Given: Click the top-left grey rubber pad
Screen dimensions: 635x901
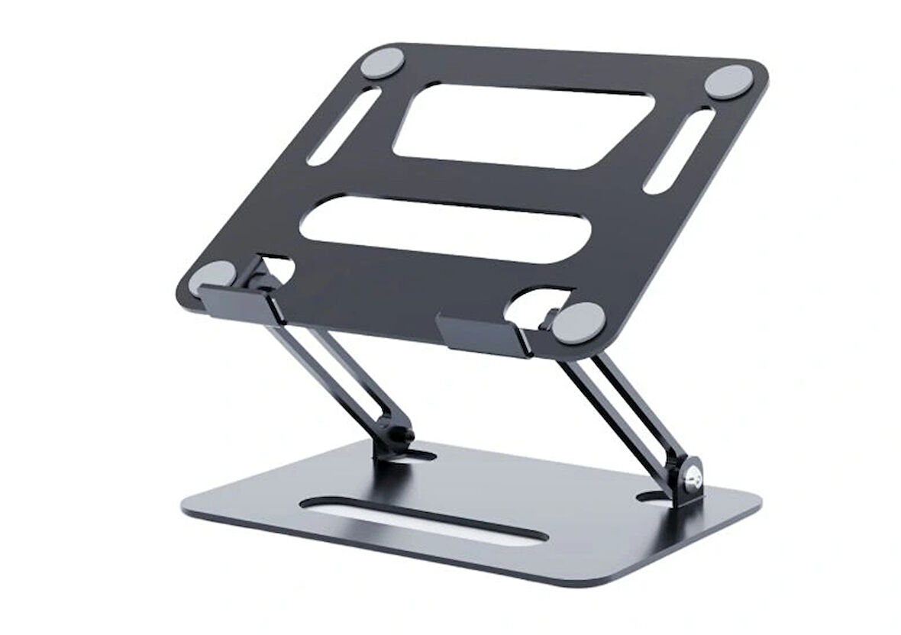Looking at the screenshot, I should pyautogui.click(x=386, y=61).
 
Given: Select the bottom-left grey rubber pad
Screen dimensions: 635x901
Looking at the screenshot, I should pyautogui.click(x=212, y=276).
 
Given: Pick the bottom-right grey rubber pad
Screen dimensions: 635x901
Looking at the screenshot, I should pyautogui.click(x=578, y=322).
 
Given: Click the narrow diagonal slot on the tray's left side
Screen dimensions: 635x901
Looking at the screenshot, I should pyautogui.click(x=344, y=125).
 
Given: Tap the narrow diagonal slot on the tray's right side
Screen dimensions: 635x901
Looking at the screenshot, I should pyautogui.click(x=679, y=150).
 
